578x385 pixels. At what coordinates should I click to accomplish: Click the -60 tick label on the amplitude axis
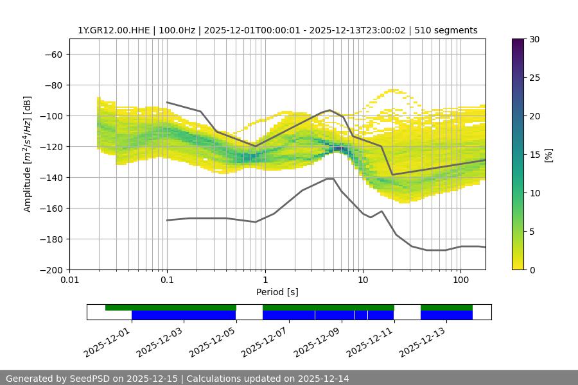[53, 54]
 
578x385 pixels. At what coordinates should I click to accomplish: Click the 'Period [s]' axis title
[277, 292]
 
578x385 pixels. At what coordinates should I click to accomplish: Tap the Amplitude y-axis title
[28, 154]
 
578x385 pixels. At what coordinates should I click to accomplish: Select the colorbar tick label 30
[534, 39]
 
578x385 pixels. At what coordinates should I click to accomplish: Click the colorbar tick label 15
[534, 155]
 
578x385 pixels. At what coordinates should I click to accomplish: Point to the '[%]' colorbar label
[548, 155]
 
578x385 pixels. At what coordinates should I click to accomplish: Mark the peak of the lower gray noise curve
[329, 178]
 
